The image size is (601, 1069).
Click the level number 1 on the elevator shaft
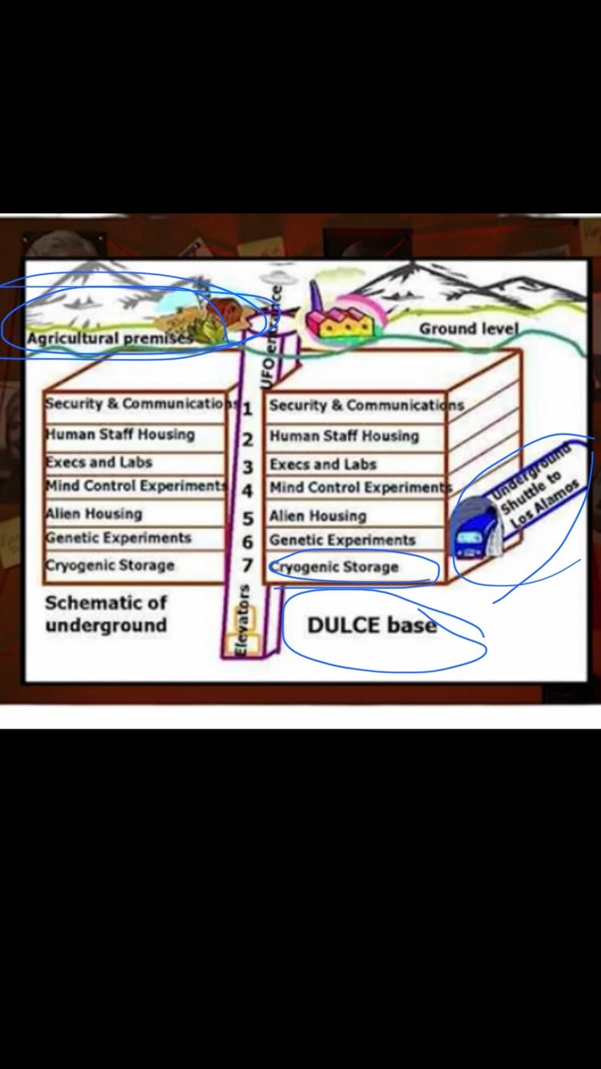click(248, 409)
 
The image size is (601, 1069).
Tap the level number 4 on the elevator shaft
click(248, 490)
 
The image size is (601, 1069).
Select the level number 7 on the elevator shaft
click(248, 566)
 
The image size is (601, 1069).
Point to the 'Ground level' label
click(469, 329)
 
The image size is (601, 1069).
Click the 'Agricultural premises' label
click(109, 338)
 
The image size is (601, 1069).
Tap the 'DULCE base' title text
click(372, 625)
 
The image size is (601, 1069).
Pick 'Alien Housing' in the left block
click(94, 514)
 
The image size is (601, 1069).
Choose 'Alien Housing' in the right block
click(318, 515)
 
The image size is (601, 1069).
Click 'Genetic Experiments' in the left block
click(119, 538)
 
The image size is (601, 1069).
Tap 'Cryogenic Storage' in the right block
click(334, 567)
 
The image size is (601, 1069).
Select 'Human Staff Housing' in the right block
click(344, 436)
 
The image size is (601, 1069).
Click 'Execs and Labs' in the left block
click(99, 462)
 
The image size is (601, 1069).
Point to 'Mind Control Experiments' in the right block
click(357, 487)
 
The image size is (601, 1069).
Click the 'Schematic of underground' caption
click(106, 614)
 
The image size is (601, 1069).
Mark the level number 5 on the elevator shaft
click(248, 518)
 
